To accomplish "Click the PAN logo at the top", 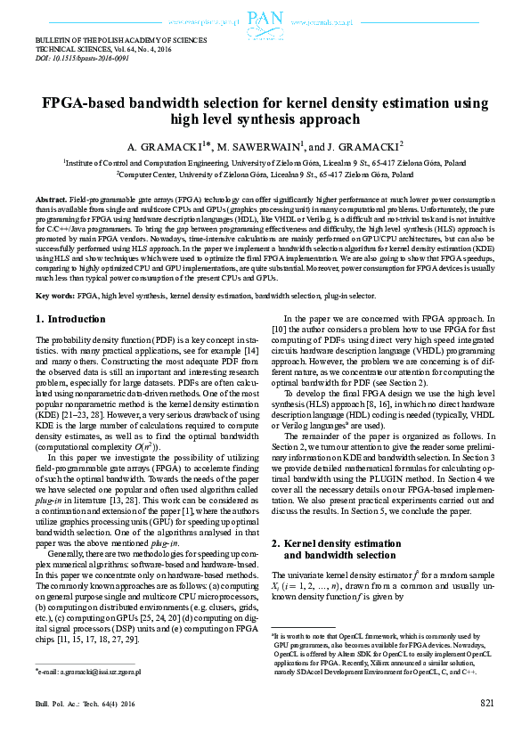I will click(265, 19).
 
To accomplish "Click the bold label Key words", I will click(54, 270).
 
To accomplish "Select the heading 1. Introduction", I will click(69, 294).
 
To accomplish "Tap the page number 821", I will click(487, 728).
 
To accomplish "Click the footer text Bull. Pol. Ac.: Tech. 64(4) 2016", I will click(84, 728).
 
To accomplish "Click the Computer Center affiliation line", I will click(265, 176).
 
